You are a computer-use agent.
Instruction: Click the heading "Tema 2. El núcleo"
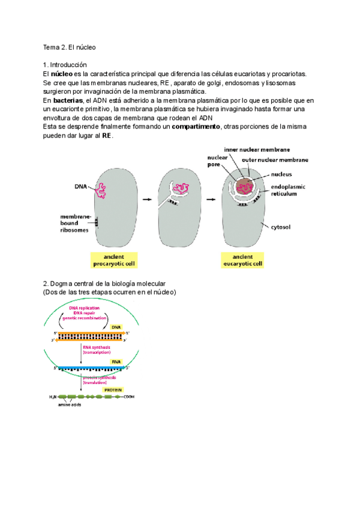coord(70,47)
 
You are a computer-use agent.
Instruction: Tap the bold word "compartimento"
coord(196,127)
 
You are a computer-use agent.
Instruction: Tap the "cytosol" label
coord(281,227)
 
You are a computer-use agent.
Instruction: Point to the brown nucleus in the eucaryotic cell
coord(243,186)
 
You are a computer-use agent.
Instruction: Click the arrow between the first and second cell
coord(143,196)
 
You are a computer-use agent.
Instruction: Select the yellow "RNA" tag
coord(116,362)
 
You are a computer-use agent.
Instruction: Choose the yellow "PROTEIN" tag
coord(112,389)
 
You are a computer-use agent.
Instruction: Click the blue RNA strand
coord(90,367)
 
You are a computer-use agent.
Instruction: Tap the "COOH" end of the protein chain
coord(122,396)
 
